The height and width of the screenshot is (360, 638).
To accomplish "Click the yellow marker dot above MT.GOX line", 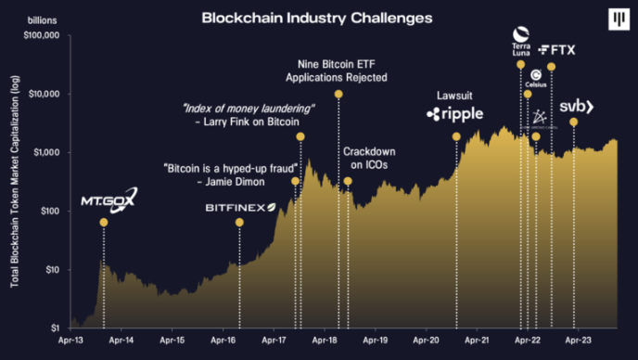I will coord(103,223).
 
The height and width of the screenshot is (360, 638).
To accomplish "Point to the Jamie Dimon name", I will coord(232,182).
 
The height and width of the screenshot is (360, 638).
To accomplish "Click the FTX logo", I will coord(556,48).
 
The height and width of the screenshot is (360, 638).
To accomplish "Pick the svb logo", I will coord(575,108).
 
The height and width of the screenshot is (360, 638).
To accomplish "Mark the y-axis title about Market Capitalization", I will coord(16,182).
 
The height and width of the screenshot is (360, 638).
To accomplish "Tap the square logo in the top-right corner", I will coord(615,19).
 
